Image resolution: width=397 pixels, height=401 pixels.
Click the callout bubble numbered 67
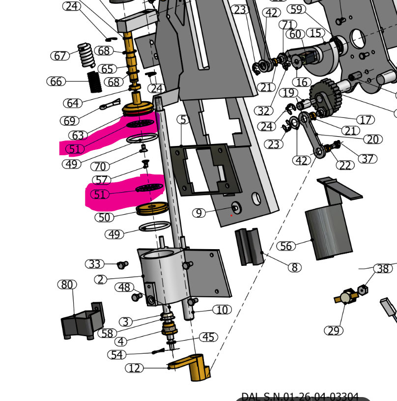pos(60,56)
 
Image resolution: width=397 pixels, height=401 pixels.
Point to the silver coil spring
pos(87,55)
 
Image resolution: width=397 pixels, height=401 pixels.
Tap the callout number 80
pos(67,285)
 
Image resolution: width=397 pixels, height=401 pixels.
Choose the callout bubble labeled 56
pos(286,246)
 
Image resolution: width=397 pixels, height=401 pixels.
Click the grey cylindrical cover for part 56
pos(329,231)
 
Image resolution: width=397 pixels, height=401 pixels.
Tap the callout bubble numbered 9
pos(198,213)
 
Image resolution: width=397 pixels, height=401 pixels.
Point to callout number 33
pos(95,264)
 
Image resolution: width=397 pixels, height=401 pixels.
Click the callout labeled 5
pos(183,119)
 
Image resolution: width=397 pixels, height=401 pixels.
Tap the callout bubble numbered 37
pos(367,158)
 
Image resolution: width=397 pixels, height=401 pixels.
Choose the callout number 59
pos(296,9)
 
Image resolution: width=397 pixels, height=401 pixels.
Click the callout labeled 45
pos(209,337)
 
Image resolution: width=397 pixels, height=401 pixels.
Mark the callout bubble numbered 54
pos(117,355)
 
